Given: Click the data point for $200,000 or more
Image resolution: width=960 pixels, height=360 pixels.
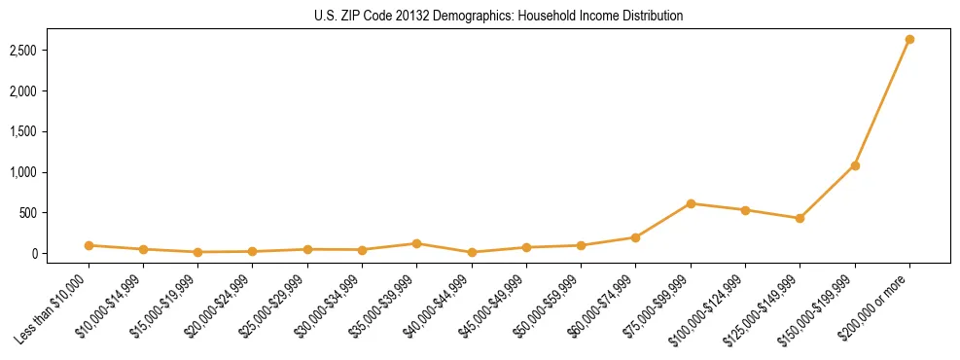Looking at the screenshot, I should pyautogui.click(x=909, y=39).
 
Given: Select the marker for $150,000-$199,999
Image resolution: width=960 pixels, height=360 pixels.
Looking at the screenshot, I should pyautogui.click(x=855, y=165).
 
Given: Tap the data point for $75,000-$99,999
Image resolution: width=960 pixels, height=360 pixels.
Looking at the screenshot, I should pyautogui.click(x=691, y=203).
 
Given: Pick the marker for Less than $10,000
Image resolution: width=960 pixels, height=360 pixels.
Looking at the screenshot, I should pyautogui.click(x=89, y=245).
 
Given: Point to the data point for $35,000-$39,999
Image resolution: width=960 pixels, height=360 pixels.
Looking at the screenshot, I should pyautogui.click(x=416, y=243).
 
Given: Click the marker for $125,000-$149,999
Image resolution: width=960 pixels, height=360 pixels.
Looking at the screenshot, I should pyautogui.click(x=800, y=218).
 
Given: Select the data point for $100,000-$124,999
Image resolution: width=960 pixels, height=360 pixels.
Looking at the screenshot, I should pyautogui.click(x=745, y=210).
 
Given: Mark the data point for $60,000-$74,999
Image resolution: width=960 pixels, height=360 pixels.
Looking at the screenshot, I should pyautogui.click(x=635, y=237).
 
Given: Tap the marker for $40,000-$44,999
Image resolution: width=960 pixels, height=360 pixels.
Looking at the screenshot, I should pyautogui.click(x=472, y=252).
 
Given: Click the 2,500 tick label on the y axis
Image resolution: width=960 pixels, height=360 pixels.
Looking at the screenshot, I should pyautogui.click(x=36, y=50).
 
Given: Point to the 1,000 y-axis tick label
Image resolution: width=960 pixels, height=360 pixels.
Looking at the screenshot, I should pyautogui.click(x=36, y=172).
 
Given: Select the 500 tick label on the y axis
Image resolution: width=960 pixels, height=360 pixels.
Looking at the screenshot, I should pyautogui.click(x=41, y=213).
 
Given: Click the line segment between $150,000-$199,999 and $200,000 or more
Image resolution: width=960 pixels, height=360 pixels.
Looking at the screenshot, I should pyautogui.click(x=882, y=102).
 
